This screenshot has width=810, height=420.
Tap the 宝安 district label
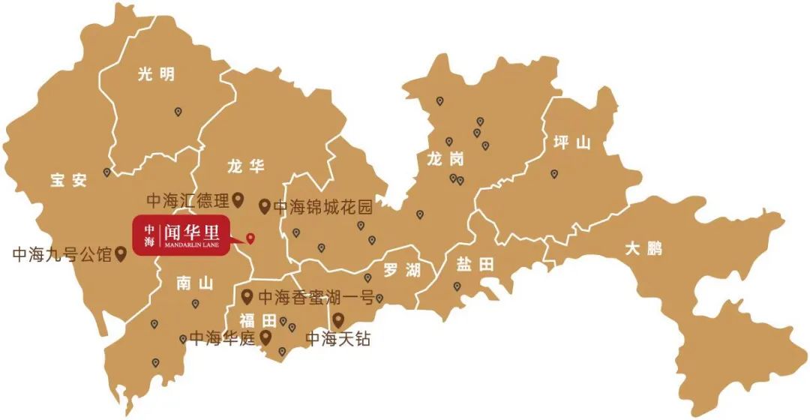click(x=69, y=180)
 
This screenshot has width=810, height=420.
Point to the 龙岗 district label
click(x=445, y=159)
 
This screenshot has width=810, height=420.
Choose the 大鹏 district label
click(x=644, y=248)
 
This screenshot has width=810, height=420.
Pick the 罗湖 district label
click(x=401, y=270)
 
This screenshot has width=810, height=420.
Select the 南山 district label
click(x=195, y=283)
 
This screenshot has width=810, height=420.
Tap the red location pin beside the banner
click(x=250, y=238)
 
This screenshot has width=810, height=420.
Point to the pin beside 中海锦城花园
click(x=264, y=205)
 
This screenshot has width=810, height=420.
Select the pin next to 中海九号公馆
click(x=119, y=254)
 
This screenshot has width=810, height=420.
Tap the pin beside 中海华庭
click(x=265, y=337)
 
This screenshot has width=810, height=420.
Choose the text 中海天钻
click(x=338, y=339)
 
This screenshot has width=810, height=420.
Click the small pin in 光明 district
click(x=178, y=112)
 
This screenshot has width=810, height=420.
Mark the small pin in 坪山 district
click(x=554, y=174)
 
